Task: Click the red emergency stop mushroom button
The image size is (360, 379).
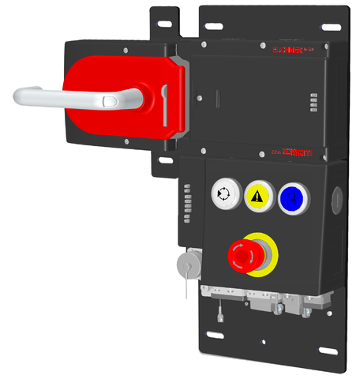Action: coord(243,253)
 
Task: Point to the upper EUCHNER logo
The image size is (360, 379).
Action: coord(290,50)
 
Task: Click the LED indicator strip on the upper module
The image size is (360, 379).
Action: coord(313,103)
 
